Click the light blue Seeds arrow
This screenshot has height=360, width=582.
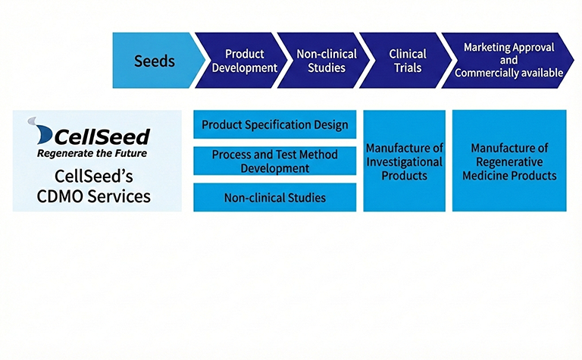click(155, 61)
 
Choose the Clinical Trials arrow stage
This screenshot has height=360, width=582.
click(405, 61)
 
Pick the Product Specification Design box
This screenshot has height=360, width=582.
click(274, 124)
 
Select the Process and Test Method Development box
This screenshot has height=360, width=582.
click(274, 161)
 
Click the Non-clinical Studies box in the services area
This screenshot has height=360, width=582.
click(274, 198)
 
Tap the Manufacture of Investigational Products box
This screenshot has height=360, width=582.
click(404, 161)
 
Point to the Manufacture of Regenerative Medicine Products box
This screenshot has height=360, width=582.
click(509, 161)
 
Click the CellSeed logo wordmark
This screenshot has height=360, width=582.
click(102, 136)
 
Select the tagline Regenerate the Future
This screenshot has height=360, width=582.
click(92, 153)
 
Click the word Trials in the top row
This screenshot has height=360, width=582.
click(408, 67)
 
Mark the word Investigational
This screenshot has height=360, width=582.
click(404, 161)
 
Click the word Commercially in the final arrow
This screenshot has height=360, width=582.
click(487, 74)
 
